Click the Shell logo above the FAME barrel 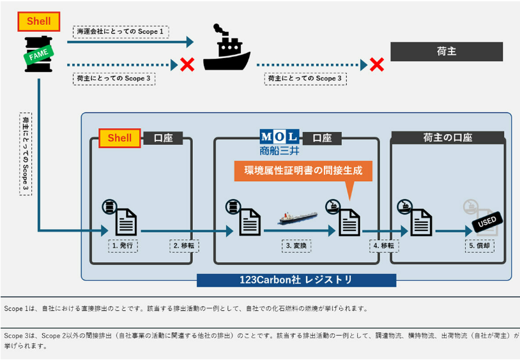click(39, 22)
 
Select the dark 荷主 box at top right click(447, 51)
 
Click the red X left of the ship click(187, 64)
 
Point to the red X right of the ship click(377, 64)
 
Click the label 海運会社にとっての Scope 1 click(120, 31)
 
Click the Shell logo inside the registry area click(119, 138)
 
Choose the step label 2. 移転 click(185, 245)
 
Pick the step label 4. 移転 click(385, 245)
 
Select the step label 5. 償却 click(481, 245)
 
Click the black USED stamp click(487, 222)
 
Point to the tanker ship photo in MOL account click(298, 218)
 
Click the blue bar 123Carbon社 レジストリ click(296, 280)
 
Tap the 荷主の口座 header click(447, 137)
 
